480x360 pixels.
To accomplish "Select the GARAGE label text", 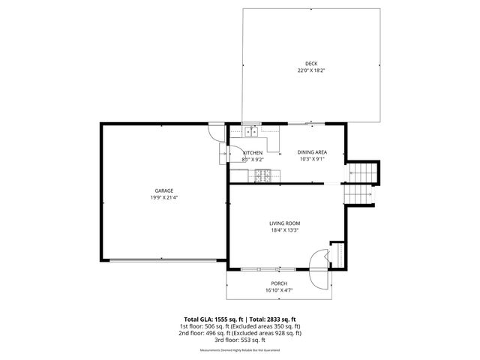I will [x=165, y=190].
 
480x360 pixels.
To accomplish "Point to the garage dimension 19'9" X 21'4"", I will [x=165, y=198].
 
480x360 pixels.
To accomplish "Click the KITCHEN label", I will [x=252, y=152].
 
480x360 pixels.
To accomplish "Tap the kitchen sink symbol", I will [x=250, y=132].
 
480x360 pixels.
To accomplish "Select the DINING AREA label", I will [x=312, y=152].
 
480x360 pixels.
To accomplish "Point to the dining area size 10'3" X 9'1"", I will [x=312, y=159].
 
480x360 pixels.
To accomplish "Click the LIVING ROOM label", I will [x=285, y=223].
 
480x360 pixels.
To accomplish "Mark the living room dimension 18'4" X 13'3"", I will [x=285, y=230].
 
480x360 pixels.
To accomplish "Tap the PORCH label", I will [x=279, y=283].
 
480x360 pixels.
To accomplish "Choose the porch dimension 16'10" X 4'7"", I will [x=279, y=289].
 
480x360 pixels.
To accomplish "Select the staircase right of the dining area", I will [x=361, y=181].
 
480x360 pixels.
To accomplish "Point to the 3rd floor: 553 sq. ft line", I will [x=239, y=340].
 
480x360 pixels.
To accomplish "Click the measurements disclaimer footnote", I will [x=239, y=350].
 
